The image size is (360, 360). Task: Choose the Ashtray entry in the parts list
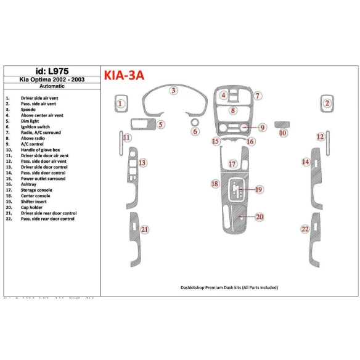pos(29,184)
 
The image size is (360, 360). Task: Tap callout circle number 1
pos(121,104)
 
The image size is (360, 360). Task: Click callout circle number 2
pos(328,104)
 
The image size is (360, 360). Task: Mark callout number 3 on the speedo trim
pos(174,91)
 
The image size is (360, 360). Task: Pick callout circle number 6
pos(195,131)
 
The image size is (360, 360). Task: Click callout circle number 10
pos(283,133)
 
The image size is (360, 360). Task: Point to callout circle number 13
pos(142,163)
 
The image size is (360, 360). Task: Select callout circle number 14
pos(306,162)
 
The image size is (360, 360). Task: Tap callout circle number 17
pos(232,164)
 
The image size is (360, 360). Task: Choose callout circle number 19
pos(259,189)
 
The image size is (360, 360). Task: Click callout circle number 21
pos(145,230)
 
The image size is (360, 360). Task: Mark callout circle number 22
pos(305,229)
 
